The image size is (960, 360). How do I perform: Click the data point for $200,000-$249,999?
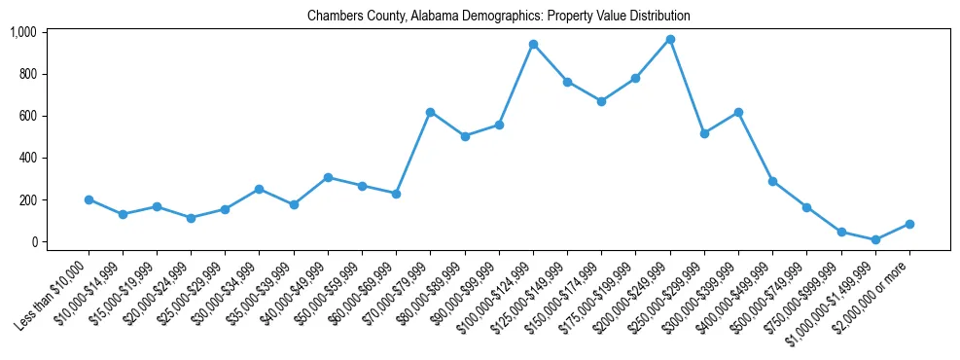tap(670, 39)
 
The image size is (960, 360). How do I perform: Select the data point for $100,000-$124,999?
tap(533, 44)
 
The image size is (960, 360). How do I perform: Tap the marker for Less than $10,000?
tap(89, 199)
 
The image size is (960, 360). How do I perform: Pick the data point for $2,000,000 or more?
tap(909, 224)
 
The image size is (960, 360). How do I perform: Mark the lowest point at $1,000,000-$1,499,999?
tap(875, 239)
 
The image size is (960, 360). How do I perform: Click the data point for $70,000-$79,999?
tap(430, 112)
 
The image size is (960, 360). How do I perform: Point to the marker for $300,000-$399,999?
tap(738, 112)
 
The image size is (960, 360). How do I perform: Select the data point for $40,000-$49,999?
tap(328, 177)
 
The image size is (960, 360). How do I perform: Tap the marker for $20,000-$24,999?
tap(191, 218)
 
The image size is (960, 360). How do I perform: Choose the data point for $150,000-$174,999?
tap(601, 101)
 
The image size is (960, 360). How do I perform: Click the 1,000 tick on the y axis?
tap(23, 32)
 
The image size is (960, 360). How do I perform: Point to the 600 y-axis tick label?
tap(27, 116)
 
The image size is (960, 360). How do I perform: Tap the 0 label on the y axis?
tap(33, 241)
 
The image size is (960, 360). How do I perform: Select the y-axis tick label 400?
tap(27, 158)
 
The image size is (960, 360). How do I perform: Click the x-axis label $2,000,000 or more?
tap(876, 288)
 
